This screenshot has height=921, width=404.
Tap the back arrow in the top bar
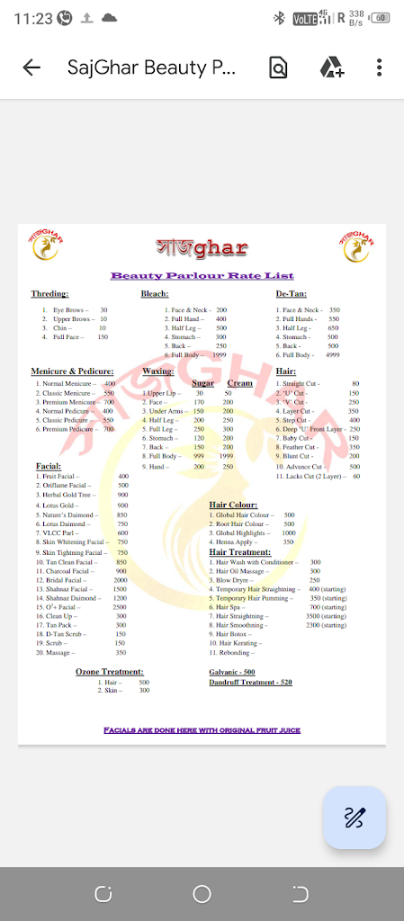31,67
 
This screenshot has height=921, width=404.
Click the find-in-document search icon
278,67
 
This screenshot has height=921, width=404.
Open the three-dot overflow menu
380,67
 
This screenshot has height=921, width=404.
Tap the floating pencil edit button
355,818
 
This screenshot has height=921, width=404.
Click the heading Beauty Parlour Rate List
202,275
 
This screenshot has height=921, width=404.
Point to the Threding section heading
49,294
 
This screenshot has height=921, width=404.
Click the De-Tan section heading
291,294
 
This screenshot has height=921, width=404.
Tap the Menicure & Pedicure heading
72,371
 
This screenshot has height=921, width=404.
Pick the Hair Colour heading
233,505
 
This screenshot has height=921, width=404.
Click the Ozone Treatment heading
109,671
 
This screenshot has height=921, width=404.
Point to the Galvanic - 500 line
232,672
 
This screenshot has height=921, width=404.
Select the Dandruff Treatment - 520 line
250,683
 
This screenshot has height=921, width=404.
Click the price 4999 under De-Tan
332,354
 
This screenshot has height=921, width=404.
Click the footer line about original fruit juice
202,730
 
